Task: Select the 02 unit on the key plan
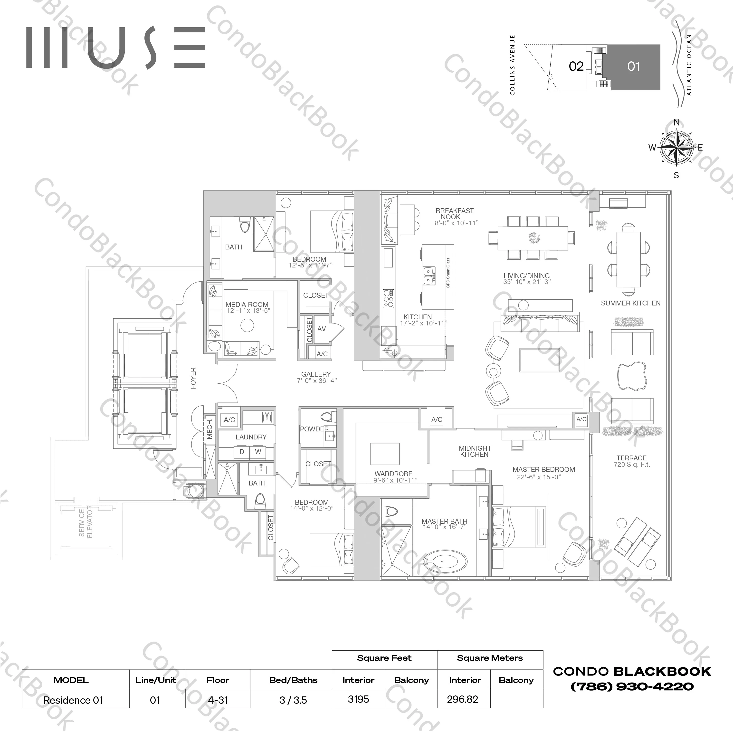pos(576,67)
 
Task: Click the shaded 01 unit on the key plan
pos(633,67)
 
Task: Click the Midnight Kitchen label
pos(475,451)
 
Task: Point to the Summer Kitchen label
pos(630,303)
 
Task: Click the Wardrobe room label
pos(393,474)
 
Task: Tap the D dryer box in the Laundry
pos(242,452)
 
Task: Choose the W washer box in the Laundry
pos(258,452)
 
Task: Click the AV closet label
pos(321,329)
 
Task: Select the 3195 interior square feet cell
pos(358,699)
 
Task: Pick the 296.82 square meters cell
pos(463,699)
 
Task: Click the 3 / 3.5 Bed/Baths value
pos(293,700)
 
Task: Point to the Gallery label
pos(316,374)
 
